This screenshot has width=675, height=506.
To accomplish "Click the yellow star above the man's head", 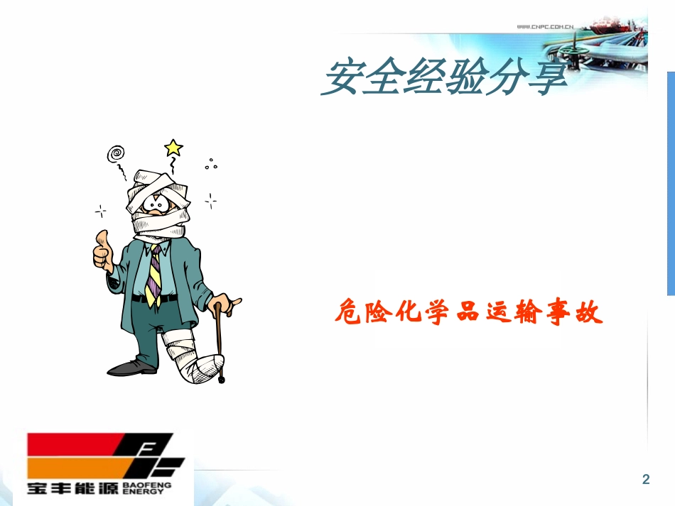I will click(173, 148).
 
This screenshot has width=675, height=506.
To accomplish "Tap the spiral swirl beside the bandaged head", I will click(115, 153).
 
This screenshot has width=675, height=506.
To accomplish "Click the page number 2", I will click(645, 479).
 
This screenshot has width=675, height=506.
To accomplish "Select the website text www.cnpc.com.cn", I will click(545, 27).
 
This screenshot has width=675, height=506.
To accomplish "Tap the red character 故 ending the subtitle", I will click(588, 312).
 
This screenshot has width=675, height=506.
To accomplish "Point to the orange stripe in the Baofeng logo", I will click(78, 466).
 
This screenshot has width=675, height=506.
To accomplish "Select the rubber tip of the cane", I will click(222, 380).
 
